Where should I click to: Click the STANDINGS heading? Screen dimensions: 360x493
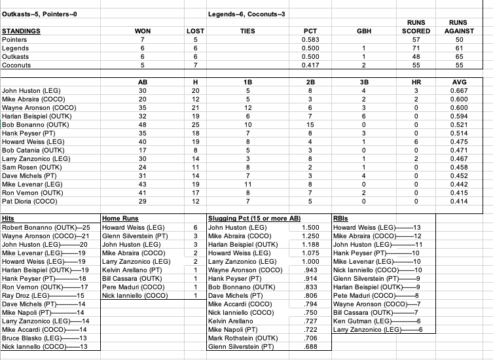click(x=22, y=31)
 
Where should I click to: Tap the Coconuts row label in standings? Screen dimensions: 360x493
click(x=16, y=65)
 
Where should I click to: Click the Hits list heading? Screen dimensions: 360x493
click(x=9, y=217)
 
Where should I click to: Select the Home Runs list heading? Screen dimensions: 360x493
click(x=122, y=217)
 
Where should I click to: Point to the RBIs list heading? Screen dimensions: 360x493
click(x=341, y=217)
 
